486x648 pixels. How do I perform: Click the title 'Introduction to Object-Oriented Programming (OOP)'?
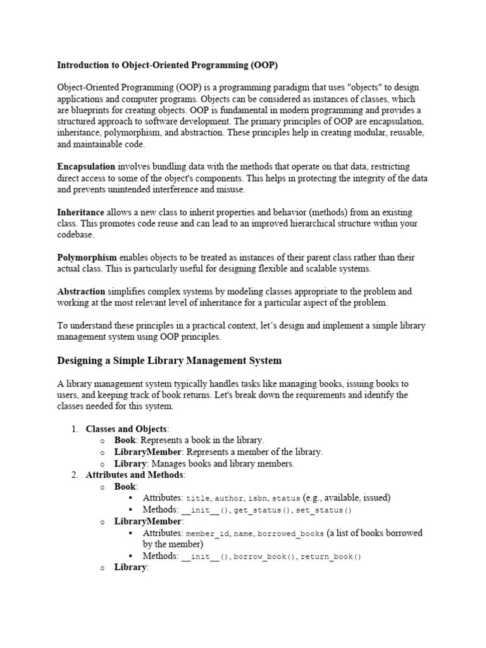tap(167, 65)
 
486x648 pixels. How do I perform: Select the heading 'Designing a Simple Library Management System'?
tap(169, 361)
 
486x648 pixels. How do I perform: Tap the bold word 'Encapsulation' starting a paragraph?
tap(86, 166)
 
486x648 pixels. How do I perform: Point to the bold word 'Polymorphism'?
tap(87, 258)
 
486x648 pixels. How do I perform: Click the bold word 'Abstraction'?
tap(81, 292)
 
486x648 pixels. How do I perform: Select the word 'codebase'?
tap(75, 235)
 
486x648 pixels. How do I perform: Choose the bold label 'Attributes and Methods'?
tap(135, 475)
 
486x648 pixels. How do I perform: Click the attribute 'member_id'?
tap(208, 533)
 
